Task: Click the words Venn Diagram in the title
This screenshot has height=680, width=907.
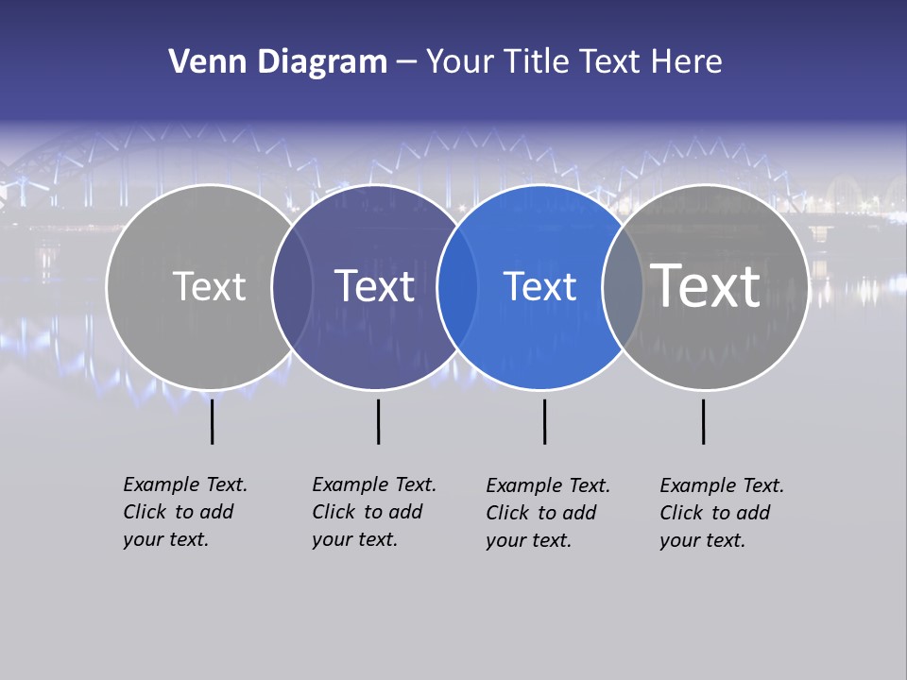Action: pyautogui.click(x=278, y=62)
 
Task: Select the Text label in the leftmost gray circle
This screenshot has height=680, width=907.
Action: pyautogui.click(x=209, y=286)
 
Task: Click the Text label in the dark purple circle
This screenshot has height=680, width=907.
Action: pyautogui.click(x=375, y=286)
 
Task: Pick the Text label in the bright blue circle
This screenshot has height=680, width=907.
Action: pyautogui.click(x=539, y=286)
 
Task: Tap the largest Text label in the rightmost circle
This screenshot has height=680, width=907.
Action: pyautogui.click(x=706, y=285)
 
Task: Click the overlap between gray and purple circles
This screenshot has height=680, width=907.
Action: pyautogui.click(x=292, y=286)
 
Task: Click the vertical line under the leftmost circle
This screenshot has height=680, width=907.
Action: pyautogui.click(x=212, y=421)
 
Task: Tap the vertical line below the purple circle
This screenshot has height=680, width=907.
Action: pyautogui.click(x=378, y=421)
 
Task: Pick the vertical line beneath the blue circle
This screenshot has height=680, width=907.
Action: pyautogui.click(x=544, y=421)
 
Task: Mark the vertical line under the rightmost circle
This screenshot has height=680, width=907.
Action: pyautogui.click(x=703, y=421)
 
